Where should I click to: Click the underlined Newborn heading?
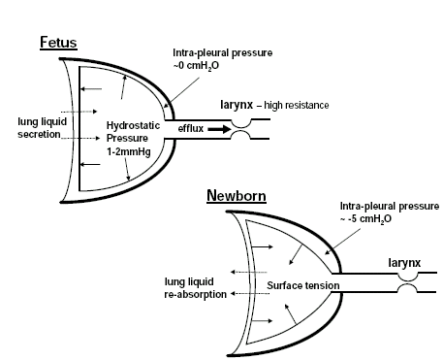pyautogui.click(x=236, y=196)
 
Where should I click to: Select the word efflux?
pyautogui.click(x=191, y=127)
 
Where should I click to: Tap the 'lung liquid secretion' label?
pyautogui.click(x=40, y=128)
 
